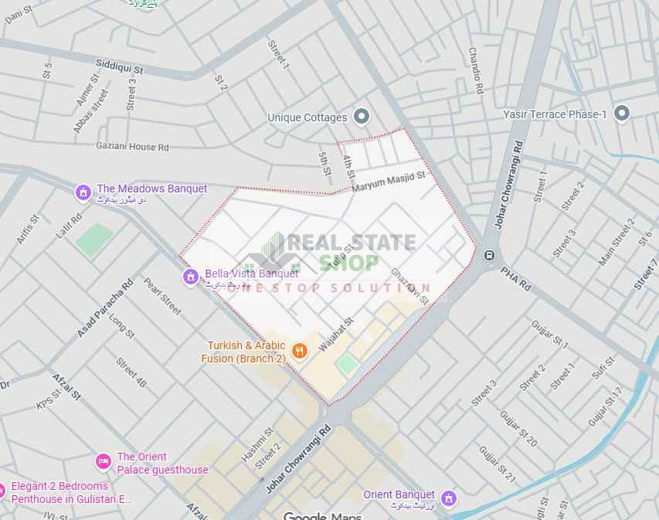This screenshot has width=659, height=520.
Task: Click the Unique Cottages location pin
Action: click(361, 117)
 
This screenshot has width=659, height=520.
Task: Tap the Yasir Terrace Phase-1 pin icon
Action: click(621, 114)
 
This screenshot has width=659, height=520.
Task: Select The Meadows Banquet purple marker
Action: click(83, 191)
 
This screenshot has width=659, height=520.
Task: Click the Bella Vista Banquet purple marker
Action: click(191, 277)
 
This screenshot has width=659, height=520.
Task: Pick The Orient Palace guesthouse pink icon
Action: click(103, 462)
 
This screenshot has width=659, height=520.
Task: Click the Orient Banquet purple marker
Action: click(448, 498)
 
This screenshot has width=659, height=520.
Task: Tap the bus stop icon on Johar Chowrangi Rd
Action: click(488, 255)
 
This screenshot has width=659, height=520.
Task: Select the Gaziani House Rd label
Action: click(132, 146)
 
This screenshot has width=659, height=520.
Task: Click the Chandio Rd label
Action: click(475, 70)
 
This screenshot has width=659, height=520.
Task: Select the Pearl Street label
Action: click(162, 296)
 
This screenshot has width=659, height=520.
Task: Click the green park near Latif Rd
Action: click(93, 239)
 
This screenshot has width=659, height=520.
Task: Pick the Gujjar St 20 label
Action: click(518, 429)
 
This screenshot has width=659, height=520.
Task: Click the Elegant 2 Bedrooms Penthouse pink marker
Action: click(3, 491)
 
